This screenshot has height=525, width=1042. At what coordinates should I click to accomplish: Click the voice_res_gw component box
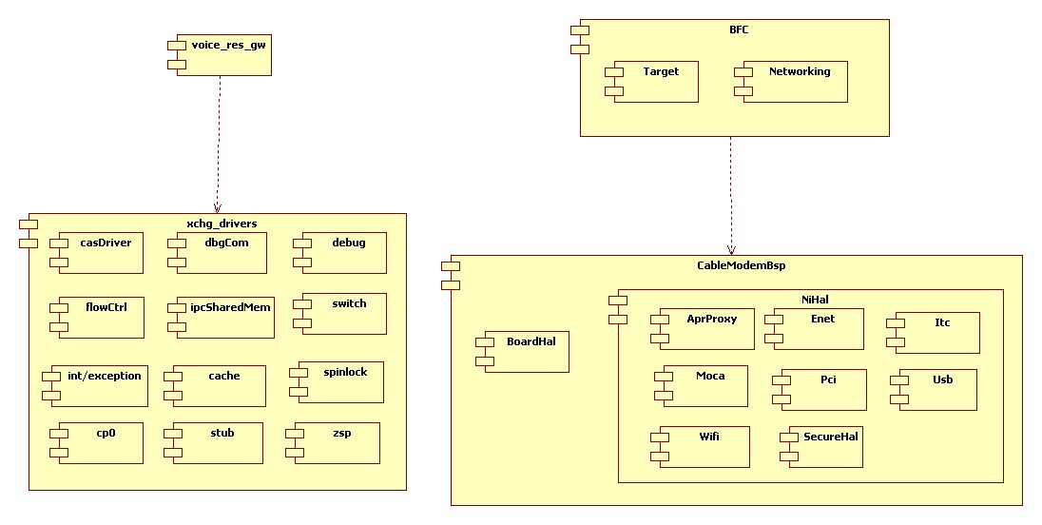click(223, 56)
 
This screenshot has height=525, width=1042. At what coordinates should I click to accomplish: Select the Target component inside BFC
click(655, 82)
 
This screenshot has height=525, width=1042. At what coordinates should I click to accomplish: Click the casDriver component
click(101, 253)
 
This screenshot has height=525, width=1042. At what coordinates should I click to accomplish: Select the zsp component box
click(337, 443)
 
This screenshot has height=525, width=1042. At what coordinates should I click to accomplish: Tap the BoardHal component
click(526, 351)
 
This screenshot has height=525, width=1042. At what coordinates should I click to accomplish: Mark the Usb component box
click(936, 390)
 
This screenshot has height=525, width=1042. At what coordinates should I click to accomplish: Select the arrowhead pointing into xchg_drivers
click(218, 207)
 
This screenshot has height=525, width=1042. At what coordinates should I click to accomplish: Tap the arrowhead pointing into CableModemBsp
click(730, 249)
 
